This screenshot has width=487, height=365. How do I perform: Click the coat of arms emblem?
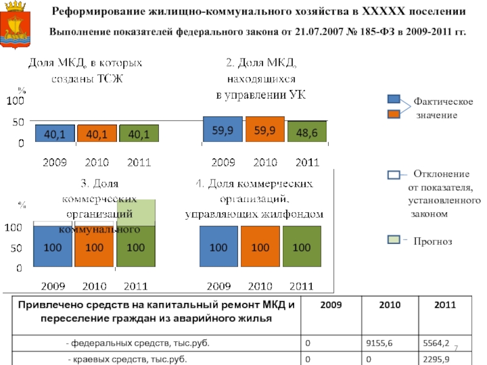[19, 24]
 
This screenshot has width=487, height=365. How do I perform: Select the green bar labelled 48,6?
[307, 132]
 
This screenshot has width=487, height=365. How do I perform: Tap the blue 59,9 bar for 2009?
[222, 130]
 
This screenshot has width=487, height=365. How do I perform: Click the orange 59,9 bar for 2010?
[265, 130]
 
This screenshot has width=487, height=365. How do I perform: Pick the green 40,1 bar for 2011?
[139, 134]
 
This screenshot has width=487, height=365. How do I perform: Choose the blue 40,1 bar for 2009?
[55, 134]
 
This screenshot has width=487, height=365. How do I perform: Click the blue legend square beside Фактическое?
[394, 100]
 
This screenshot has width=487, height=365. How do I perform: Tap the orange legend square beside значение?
[394, 114]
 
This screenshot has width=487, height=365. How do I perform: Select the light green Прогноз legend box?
[394, 240]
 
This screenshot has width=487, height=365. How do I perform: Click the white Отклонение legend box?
[394, 175]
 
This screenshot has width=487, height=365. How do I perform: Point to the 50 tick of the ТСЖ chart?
[18, 122]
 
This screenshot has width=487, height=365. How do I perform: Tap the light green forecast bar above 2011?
[136, 212]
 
